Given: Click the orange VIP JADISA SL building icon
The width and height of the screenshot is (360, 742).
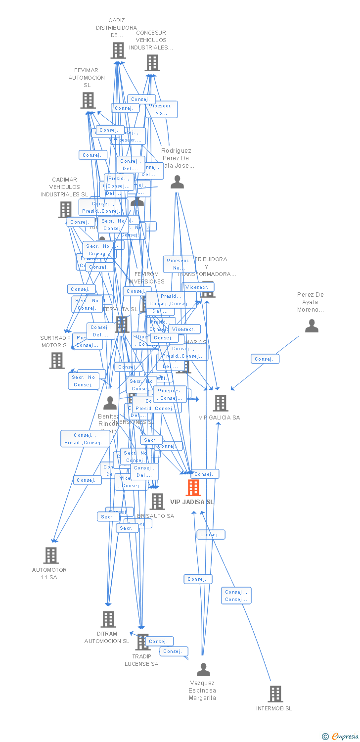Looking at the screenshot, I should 193,488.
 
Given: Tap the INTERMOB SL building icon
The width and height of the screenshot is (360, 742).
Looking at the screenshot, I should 275,694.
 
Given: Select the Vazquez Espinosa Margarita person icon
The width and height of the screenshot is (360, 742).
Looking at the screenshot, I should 203,670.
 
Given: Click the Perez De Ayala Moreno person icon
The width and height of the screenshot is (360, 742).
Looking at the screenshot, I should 312,325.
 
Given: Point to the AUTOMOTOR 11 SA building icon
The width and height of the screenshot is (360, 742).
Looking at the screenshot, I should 51,555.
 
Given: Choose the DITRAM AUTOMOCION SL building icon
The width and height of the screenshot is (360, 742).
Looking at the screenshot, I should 108,619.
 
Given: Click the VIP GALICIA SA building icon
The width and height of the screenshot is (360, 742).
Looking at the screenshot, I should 221,403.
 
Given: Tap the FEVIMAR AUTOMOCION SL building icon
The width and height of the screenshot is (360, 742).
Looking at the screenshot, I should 88,100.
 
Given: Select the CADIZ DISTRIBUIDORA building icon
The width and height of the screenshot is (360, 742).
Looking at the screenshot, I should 118,50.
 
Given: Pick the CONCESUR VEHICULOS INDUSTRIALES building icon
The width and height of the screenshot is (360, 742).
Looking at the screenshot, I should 152,63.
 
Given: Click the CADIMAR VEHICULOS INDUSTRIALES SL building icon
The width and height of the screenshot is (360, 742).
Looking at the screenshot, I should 65,209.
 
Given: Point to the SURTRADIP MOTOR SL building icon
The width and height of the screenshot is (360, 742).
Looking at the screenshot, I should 57,360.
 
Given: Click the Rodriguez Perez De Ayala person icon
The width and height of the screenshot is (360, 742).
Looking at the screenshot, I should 177,182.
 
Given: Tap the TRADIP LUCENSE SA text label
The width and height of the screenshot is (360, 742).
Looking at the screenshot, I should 141,660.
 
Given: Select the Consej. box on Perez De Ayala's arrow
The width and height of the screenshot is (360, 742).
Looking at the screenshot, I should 265,359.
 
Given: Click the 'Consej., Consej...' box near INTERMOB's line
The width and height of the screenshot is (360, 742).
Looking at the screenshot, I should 236,596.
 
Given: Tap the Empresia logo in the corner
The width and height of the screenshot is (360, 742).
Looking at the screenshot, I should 341,737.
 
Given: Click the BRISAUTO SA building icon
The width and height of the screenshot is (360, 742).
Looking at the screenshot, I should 157,501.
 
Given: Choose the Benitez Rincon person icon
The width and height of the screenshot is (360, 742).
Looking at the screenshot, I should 110,403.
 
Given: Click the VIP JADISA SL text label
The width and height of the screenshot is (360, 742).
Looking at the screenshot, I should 192,502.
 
